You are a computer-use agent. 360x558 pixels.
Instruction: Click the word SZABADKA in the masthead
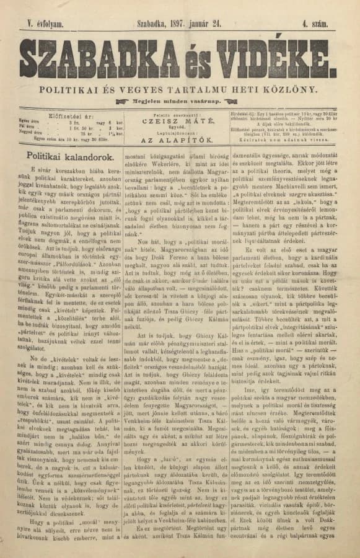pyautogui.click(x=94, y=58)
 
